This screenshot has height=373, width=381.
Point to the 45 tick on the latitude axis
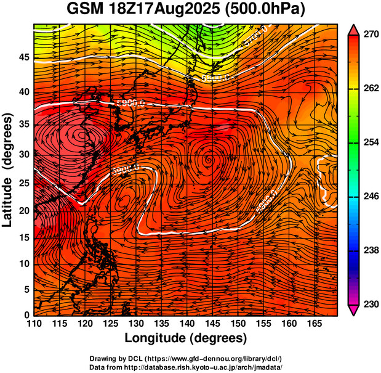click(23, 57)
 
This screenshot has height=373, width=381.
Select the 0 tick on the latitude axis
click(26, 316)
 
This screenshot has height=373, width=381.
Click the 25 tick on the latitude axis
click(23, 184)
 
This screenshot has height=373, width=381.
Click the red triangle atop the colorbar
click(354, 30)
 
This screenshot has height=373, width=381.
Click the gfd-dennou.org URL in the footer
click(215, 359)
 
